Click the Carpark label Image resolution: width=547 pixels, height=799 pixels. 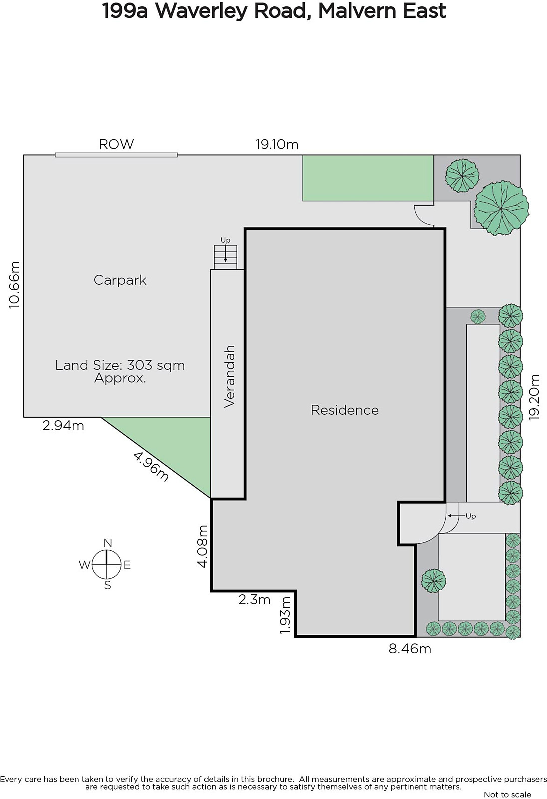coord(120,280)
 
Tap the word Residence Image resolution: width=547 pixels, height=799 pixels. coord(344,410)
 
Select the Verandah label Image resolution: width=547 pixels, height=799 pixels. coord(230,377)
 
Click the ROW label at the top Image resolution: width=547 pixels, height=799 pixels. coord(116,144)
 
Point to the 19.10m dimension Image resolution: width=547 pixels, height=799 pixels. coord(276,144)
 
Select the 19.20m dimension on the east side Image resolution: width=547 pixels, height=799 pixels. coord(534,397)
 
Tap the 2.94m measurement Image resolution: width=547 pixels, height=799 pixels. coord(63,425)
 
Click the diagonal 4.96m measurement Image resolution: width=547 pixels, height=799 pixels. coord(151,466)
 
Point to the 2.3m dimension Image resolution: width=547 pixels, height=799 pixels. coord(254,600)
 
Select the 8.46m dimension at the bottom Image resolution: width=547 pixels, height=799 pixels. coord(410,648)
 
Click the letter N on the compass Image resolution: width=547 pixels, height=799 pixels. coord(108,543)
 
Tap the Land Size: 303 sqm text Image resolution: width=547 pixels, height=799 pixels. coord(120,365)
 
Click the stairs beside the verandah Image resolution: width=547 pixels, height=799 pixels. coord(225,257)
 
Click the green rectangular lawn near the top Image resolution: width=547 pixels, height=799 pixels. coord(368,178)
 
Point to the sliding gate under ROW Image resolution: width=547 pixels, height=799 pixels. coord(116,155)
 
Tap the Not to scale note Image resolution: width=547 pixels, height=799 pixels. coord(507,794)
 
